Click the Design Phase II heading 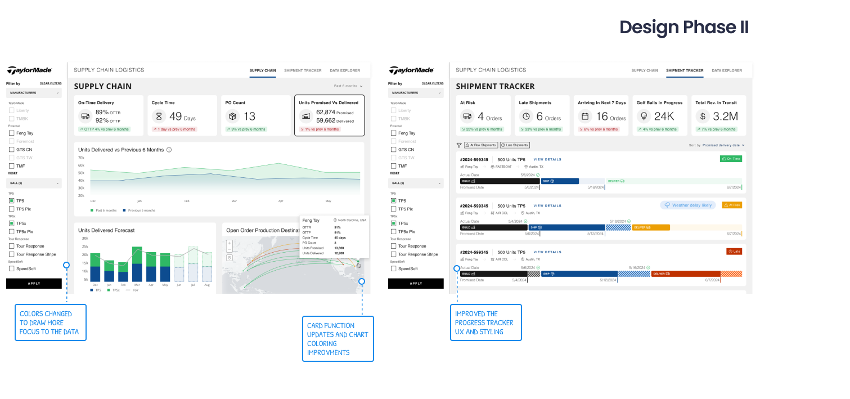[x=683, y=27]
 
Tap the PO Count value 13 [x=249, y=116]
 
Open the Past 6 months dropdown [x=348, y=86]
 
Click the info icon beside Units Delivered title [x=169, y=150]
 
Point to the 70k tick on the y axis [x=81, y=158]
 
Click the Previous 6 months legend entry [x=141, y=210]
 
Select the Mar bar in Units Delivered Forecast [x=137, y=264]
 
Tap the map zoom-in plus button [x=230, y=244]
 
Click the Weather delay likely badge [x=687, y=205]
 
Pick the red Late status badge [x=734, y=252]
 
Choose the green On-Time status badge [x=731, y=159]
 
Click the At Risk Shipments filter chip [x=480, y=145]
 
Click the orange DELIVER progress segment [x=650, y=227]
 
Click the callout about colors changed [x=51, y=322]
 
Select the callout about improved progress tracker [x=485, y=322]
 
